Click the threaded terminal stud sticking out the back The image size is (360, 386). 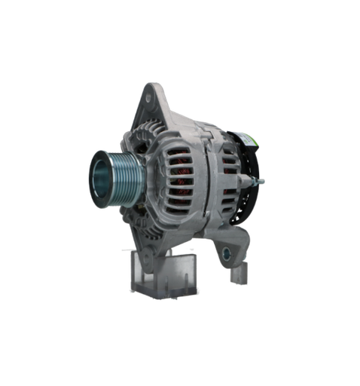click(261, 181)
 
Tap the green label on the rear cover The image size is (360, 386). click(246, 140)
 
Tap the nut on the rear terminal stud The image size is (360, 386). click(255, 181)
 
